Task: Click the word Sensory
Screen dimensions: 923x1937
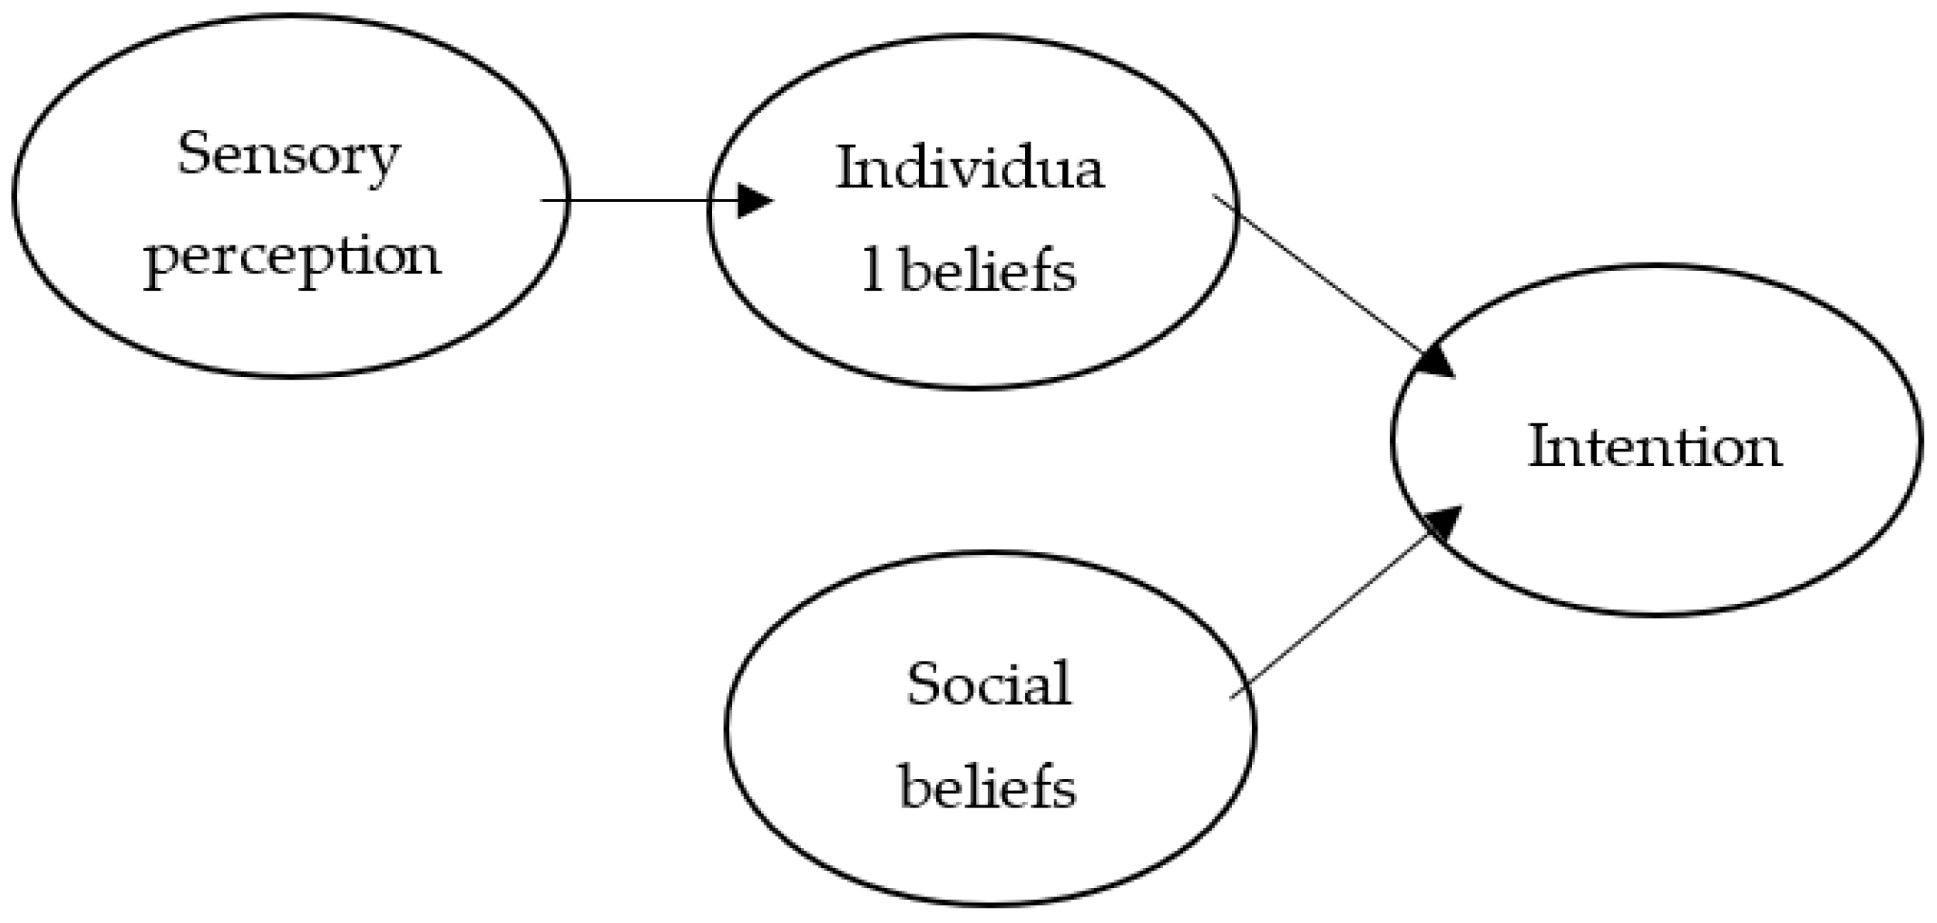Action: pos(288,156)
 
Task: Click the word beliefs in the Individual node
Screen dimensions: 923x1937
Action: pos(989,272)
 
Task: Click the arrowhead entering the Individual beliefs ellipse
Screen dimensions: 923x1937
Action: pos(753,201)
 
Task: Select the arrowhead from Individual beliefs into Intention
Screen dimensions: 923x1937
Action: pos(1438,362)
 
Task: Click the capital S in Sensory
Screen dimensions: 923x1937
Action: pos(193,153)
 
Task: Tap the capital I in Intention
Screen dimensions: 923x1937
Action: pos(1539,446)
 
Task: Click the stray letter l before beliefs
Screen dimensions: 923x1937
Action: pos(872,272)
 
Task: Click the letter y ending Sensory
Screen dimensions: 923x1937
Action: pos(385,161)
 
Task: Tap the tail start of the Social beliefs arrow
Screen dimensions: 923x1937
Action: pos(1232,698)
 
